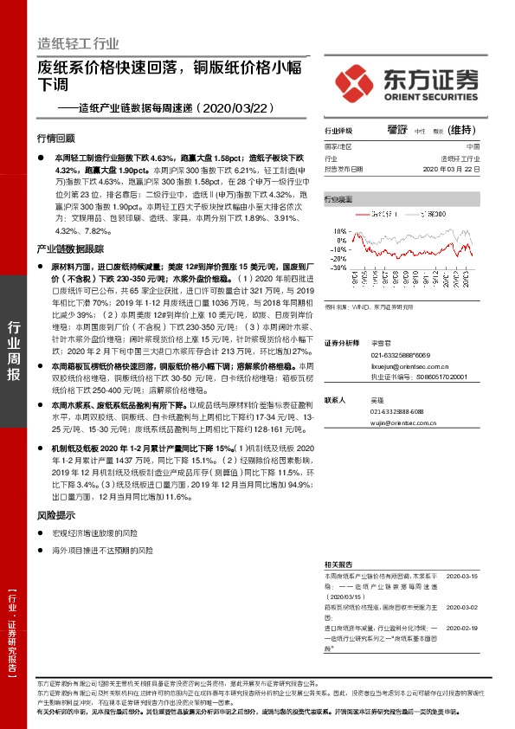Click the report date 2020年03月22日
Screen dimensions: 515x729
coord(450,170)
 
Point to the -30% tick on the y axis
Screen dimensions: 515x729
coord(337,268)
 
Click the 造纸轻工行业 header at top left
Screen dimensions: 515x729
coord(78,43)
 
